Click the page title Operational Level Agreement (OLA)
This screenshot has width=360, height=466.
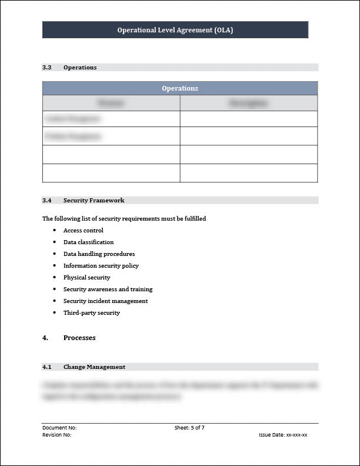tap(175, 30)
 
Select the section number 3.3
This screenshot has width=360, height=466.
tap(47, 68)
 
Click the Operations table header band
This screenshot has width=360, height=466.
tap(180, 88)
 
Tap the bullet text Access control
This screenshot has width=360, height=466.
tap(84, 231)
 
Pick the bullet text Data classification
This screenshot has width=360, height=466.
tap(89, 242)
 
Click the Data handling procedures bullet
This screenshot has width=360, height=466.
tap(99, 254)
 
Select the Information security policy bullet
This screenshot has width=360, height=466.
tap(101, 266)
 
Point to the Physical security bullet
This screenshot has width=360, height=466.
tap(87, 278)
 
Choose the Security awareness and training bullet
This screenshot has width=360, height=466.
tap(108, 289)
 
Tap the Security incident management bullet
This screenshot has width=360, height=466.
tap(106, 301)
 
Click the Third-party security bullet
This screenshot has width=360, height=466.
tap(92, 313)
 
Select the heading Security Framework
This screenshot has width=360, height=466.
tap(94, 201)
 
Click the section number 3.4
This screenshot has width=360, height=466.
tap(47, 201)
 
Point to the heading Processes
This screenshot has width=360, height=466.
tap(79, 338)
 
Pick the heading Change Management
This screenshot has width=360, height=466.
tap(94, 367)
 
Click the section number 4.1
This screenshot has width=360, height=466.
tap(47, 367)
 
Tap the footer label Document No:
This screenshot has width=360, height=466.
tap(59, 428)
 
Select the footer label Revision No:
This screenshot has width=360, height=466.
tap(57, 435)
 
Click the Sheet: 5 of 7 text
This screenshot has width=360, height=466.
tap(189, 428)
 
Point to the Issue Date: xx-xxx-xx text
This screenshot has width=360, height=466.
tap(283, 435)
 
